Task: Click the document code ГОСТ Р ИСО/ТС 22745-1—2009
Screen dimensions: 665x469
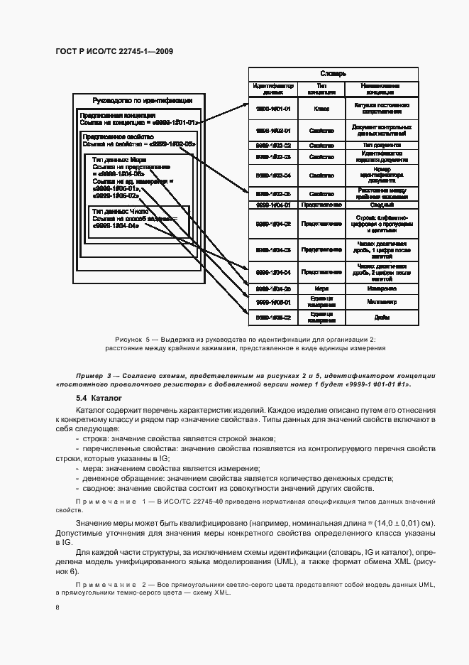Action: click(114, 51)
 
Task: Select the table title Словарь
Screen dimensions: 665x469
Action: click(332, 73)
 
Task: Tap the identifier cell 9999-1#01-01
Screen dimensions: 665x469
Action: click(270, 109)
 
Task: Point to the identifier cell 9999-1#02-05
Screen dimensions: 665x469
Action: click(270, 193)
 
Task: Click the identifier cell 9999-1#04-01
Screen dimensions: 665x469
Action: click(270, 205)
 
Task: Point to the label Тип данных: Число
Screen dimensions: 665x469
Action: click(121, 212)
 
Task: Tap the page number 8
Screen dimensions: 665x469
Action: click(57, 607)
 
